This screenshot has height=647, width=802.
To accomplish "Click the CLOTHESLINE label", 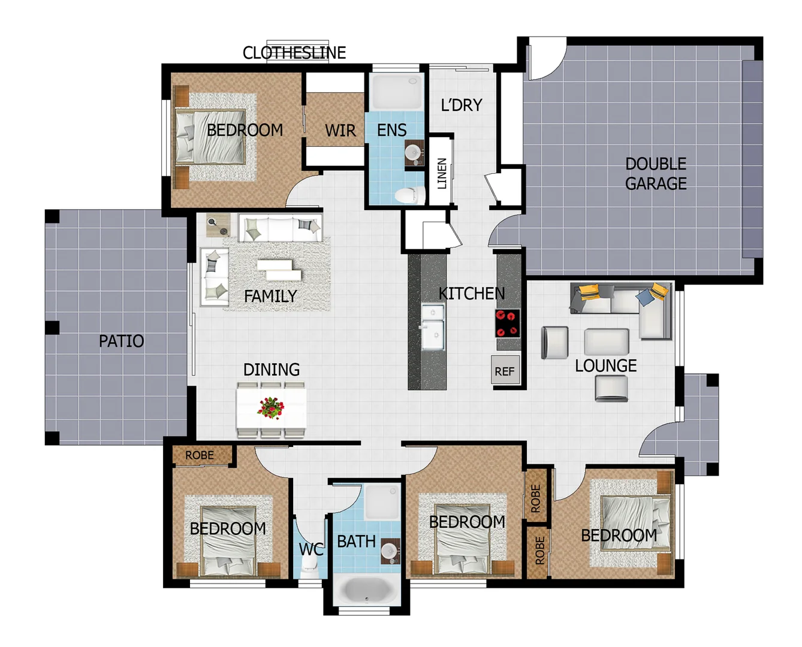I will (x=294, y=53).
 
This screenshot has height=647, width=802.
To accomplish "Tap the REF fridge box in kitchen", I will (x=505, y=371).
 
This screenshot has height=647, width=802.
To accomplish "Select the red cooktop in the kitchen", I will (x=507, y=323).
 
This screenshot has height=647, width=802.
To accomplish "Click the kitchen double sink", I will (x=433, y=326).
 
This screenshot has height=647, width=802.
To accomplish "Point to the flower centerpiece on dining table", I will (x=271, y=407).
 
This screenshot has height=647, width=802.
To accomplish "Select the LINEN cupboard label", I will (x=442, y=173).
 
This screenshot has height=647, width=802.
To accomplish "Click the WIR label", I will (x=340, y=131).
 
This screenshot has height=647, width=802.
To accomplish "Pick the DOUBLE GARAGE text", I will (x=656, y=174).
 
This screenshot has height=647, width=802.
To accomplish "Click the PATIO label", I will (x=121, y=341).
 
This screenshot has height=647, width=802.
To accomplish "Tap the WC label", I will (x=310, y=549).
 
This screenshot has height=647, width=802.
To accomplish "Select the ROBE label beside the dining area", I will (x=200, y=455).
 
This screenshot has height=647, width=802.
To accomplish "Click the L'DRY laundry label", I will (x=461, y=105).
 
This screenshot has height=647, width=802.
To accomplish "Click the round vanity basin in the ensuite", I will (x=413, y=152).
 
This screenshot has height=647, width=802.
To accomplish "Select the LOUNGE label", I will (x=605, y=365).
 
